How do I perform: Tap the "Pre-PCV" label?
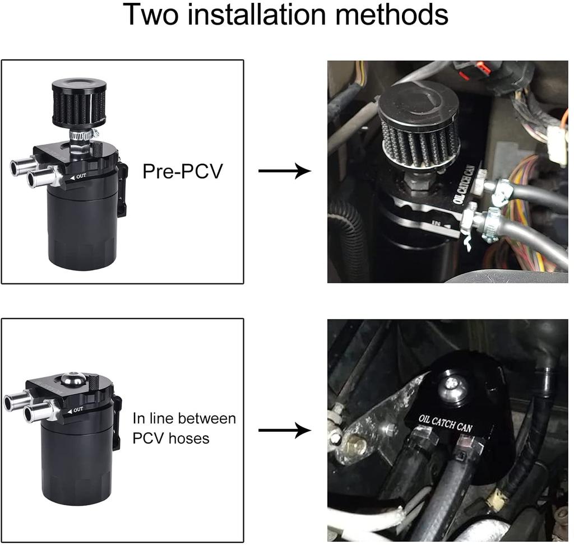[x=182, y=171]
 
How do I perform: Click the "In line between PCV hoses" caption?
[x=184, y=428]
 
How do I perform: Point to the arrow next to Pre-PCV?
[x=284, y=171]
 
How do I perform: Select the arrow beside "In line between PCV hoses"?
[x=284, y=430]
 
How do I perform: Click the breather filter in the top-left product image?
[x=78, y=104]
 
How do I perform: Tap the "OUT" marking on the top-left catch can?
[x=81, y=177]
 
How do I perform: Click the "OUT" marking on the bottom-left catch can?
[x=77, y=409]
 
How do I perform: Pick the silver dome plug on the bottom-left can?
[x=73, y=380]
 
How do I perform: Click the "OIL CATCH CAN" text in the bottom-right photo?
[x=446, y=423]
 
